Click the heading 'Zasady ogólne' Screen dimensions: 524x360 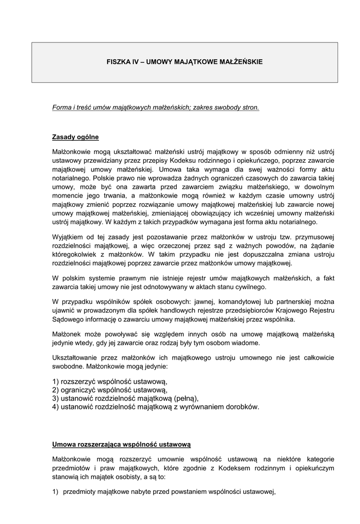point(75,137)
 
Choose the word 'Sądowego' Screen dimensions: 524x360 point(68,319)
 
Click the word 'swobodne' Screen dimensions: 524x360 point(68,367)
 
